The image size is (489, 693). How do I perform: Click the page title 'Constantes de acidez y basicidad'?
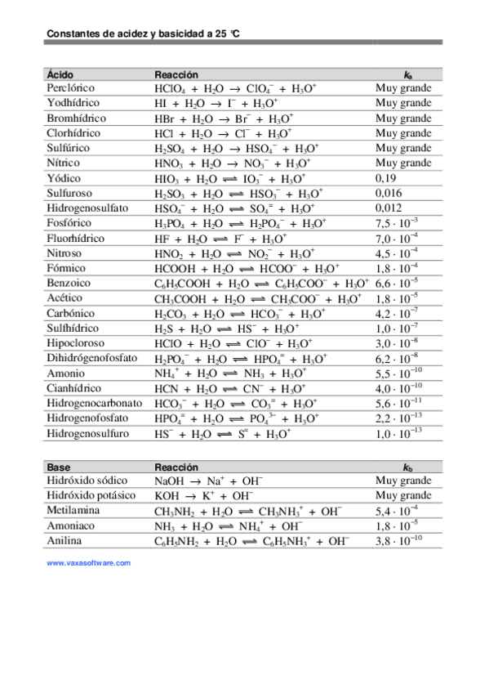click(x=143, y=34)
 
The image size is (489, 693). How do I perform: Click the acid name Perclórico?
click(x=71, y=88)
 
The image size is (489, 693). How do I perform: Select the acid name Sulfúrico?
click(x=69, y=148)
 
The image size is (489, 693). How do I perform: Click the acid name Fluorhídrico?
click(x=76, y=238)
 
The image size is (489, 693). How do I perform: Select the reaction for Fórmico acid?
click(x=247, y=268)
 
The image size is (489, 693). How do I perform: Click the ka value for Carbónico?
click(x=398, y=313)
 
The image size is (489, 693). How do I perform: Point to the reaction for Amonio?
click(x=230, y=373)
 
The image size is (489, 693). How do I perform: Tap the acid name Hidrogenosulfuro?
click(x=88, y=433)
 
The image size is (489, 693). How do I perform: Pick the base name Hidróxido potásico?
click(x=91, y=496)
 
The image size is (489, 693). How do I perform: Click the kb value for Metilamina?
click(x=398, y=512)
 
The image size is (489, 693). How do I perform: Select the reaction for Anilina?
click(x=251, y=541)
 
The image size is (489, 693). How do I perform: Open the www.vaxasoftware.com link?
click(x=88, y=563)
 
